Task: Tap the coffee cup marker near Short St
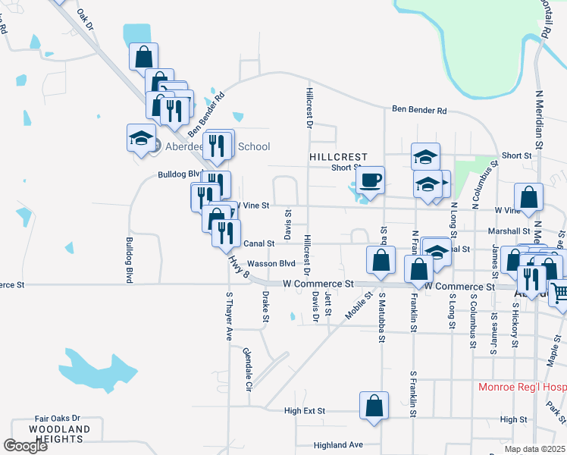[370, 180]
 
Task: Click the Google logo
[25, 446]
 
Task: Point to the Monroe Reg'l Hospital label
[522, 387]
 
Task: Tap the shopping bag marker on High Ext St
[374, 406]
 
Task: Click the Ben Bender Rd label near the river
[419, 109]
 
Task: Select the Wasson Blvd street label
[271, 263]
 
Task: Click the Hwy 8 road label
[237, 268]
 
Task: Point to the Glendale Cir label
[247, 369]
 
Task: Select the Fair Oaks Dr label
[58, 418]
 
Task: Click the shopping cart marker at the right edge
[559, 290]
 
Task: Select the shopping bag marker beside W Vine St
[528, 196]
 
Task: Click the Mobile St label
[353, 304]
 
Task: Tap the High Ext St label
[304, 411]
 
